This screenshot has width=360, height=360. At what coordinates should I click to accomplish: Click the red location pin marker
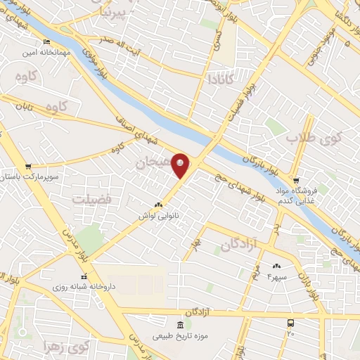click(181, 165)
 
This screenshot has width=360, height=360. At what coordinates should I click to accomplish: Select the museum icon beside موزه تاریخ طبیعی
click(180, 324)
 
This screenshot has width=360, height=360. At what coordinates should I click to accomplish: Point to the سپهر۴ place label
click(276, 277)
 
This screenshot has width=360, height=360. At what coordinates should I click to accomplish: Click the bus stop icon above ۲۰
click(290, 323)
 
